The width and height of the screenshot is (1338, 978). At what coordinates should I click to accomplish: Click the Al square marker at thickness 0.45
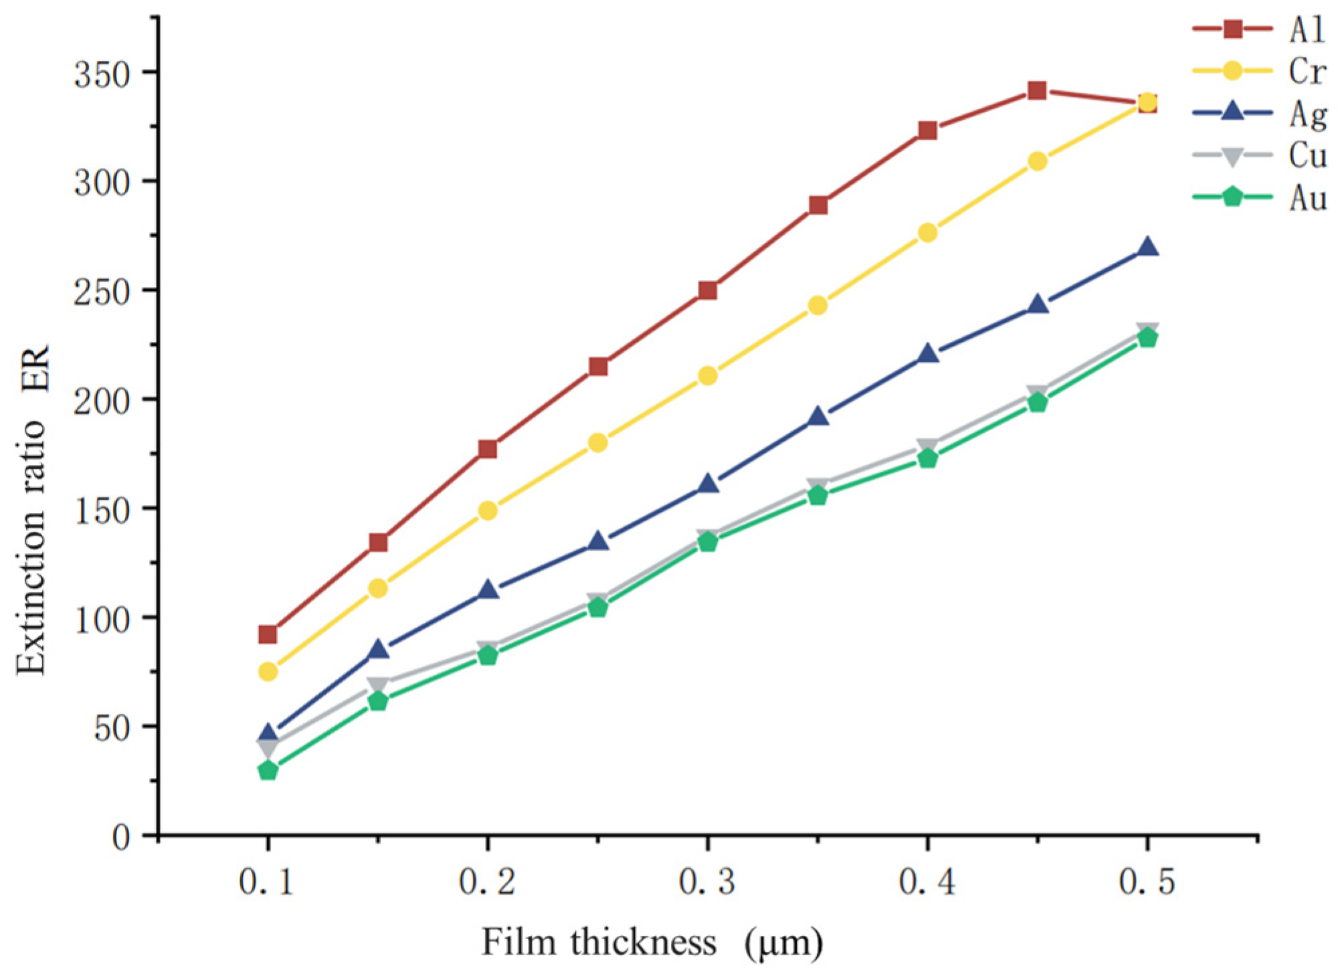click(x=1037, y=90)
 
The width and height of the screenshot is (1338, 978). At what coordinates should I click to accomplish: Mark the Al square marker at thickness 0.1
click(x=268, y=633)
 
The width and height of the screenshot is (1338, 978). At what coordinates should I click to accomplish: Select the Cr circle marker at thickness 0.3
click(x=708, y=376)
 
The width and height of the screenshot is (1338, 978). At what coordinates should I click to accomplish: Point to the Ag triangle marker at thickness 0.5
click(x=1147, y=248)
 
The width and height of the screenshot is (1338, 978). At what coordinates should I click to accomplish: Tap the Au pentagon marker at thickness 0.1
click(x=268, y=771)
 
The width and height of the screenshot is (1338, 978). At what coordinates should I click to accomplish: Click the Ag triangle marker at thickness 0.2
click(x=488, y=590)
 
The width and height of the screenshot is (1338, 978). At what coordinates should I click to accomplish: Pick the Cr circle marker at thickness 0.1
click(x=268, y=671)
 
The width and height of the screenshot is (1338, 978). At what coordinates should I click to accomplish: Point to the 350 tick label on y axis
click(x=102, y=74)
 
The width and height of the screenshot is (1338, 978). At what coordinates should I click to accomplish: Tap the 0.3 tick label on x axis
click(x=706, y=882)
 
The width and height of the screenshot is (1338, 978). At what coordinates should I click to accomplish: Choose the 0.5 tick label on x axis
click(x=1147, y=882)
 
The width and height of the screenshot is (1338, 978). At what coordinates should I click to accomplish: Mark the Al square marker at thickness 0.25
click(x=598, y=367)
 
